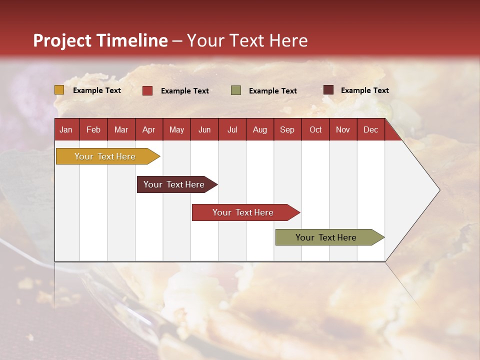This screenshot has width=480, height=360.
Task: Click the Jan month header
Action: [66, 130]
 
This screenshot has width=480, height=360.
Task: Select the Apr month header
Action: [148, 130]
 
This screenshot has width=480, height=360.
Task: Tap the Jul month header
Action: [232, 130]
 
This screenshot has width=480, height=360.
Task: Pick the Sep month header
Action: [287, 130]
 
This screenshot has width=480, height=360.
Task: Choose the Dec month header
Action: [370, 130]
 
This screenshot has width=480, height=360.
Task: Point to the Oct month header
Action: [315, 130]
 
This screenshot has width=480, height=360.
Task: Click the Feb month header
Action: [93, 130]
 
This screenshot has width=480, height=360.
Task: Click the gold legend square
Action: [59, 90]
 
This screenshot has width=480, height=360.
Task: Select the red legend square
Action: [147, 90]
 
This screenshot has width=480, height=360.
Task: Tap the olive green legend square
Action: [236, 90]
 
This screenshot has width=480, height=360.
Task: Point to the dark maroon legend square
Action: [328, 90]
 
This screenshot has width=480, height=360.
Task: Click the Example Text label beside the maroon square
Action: [364, 90]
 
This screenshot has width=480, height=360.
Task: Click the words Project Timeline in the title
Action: [100, 40]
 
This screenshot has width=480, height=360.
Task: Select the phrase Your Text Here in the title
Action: [247, 40]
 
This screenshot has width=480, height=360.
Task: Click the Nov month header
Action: [343, 130]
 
